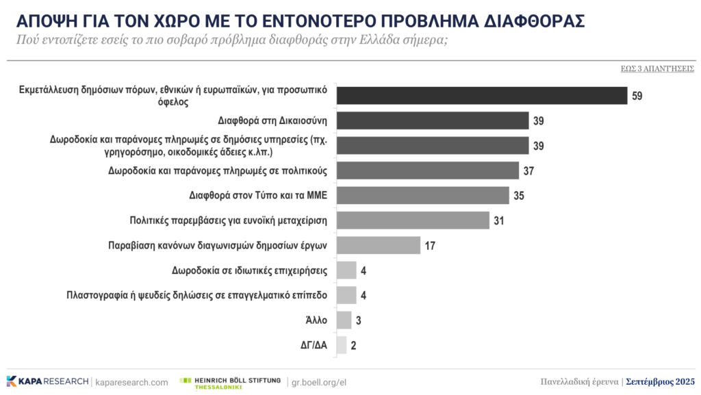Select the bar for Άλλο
[344, 320]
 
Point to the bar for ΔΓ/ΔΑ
[342, 345]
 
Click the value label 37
[528, 170]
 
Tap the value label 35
[518, 195]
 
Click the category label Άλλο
[317, 320]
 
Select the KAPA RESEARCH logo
[47, 381]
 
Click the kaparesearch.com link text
[131, 382]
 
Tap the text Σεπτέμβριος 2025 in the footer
[660, 381]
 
